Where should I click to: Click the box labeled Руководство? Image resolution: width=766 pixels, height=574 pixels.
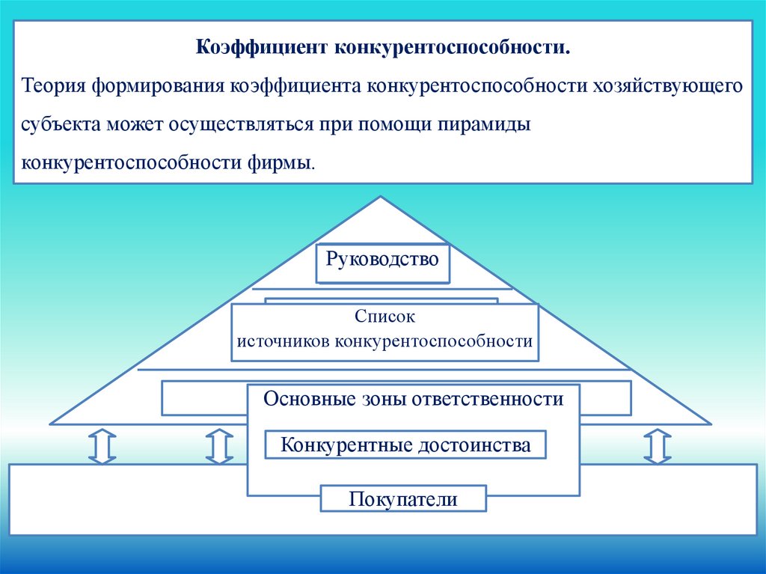pos(382,262)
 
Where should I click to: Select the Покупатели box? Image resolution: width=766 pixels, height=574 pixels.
pos(403,498)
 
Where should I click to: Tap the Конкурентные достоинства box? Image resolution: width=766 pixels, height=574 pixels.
pos(405,445)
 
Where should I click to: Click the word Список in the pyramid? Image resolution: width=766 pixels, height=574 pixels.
pos(384,317)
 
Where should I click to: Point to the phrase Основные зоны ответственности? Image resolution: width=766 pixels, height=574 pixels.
pos(413,399)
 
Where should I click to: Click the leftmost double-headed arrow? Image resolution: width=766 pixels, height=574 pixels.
pos(102,446)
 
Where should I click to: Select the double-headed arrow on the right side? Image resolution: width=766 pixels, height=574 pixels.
pos(657,446)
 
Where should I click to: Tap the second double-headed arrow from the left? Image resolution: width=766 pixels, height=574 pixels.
pos(218,446)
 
